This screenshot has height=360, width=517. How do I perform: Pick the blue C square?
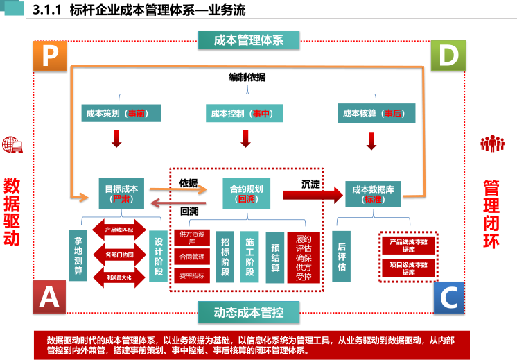pos(448,298)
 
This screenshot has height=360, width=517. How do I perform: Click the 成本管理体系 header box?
pos(249,40)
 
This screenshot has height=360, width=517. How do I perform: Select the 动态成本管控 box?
pos(249,312)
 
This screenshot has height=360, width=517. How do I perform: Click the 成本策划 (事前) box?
pos(116,113)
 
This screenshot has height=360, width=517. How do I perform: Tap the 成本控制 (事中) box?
pos(245,113)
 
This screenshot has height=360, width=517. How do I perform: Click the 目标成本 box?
pos(121,193)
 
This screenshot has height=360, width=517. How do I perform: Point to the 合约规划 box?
pos(246,193)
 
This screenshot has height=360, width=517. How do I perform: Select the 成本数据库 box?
pos(372,193)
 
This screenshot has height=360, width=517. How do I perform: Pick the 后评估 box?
pos(342,256)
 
